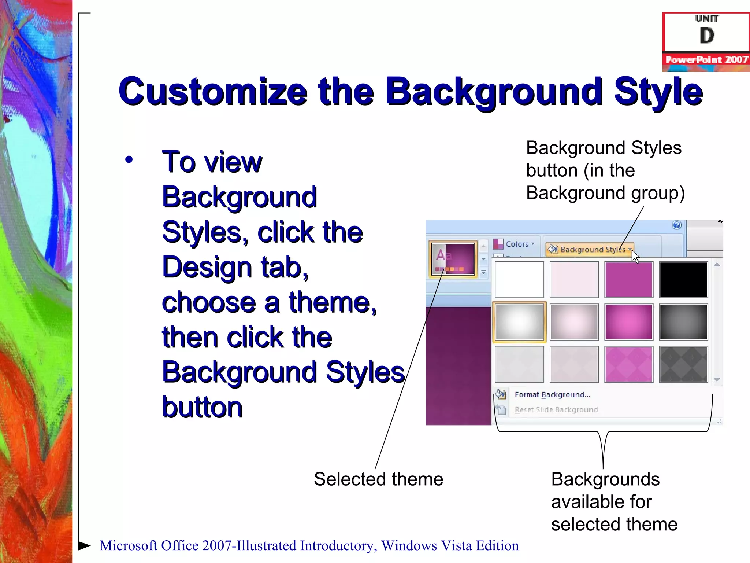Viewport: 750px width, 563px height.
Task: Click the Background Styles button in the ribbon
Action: pyautogui.click(x=590, y=249)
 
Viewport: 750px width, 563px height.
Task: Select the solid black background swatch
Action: pyautogui.click(x=683, y=279)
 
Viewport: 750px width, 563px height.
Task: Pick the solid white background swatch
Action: pyautogui.click(x=519, y=279)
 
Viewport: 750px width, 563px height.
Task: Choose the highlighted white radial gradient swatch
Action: pyautogui.click(x=519, y=322)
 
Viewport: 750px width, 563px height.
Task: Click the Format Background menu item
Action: pyautogui.click(x=552, y=395)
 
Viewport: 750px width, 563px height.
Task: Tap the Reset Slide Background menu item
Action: pyautogui.click(x=556, y=410)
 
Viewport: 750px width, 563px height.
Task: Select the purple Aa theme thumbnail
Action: pyautogui.click(x=453, y=259)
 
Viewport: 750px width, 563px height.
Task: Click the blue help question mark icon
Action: pyautogui.click(x=677, y=225)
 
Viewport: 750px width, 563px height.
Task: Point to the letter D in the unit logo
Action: pyautogui.click(x=707, y=36)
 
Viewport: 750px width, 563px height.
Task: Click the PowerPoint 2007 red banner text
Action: pyautogui.click(x=706, y=59)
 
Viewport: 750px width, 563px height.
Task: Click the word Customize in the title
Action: pyautogui.click(x=212, y=92)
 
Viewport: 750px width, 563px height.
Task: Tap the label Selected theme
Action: pyautogui.click(x=378, y=479)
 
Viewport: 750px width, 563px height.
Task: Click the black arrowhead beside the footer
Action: pyautogui.click(x=84, y=545)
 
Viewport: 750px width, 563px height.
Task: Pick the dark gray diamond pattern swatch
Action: pyautogui.click(x=683, y=364)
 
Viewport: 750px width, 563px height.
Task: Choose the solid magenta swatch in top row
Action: pyautogui.click(x=628, y=279)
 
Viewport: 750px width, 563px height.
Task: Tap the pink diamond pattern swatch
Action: pyautogui.click(x=628, y=364)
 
